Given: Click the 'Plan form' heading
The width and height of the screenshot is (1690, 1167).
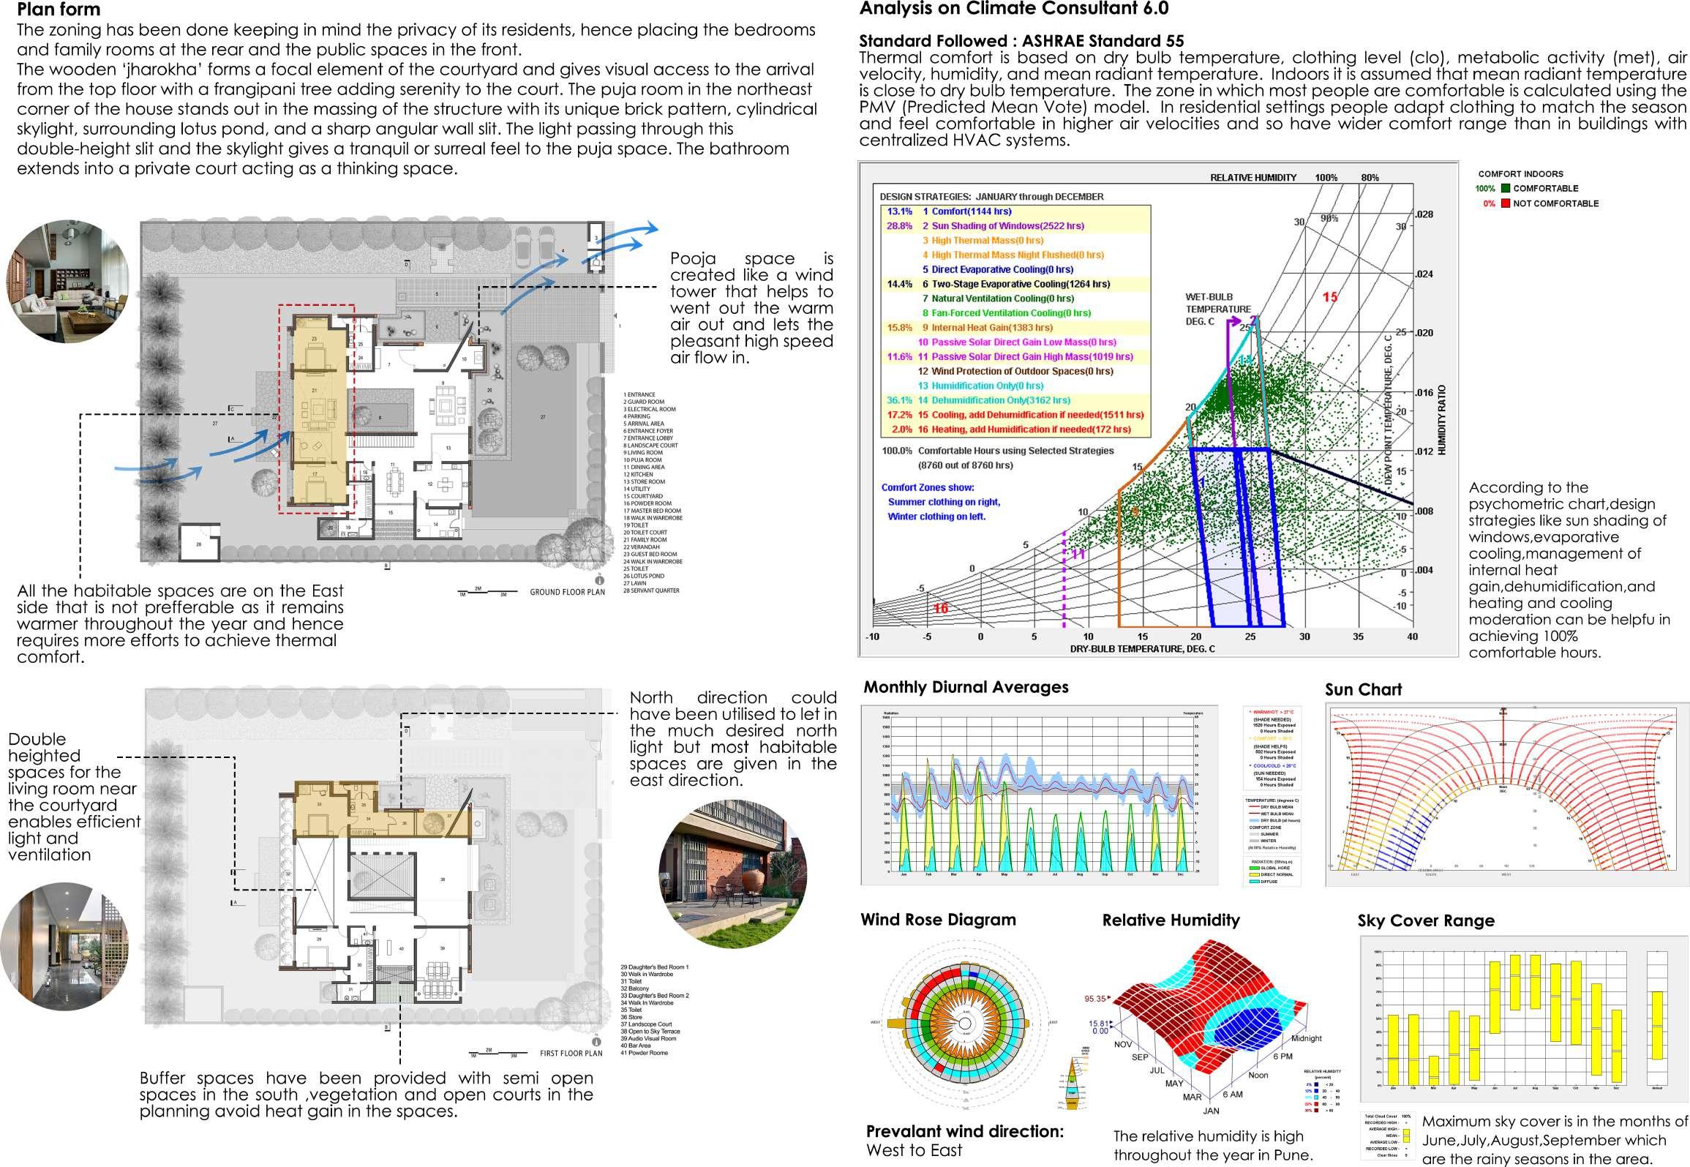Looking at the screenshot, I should pyautogui.click(x=59, y=10).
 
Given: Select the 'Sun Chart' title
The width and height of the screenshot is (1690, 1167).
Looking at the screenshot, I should pyautogui.click(x=1363, y=689).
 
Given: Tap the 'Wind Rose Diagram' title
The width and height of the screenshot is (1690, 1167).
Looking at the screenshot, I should pyautogui.click(x=938, y=920).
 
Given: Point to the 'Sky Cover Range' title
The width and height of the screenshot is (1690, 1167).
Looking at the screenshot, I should pyautogui.click(x=1425, y=920).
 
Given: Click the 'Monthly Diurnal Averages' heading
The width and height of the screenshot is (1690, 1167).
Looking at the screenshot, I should pyautogui.click(x=966, y=687).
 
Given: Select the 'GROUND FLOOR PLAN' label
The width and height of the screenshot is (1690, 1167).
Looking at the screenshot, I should pyautogui.click(x=567, y=592).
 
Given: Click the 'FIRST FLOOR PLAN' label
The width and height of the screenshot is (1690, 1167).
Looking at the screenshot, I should pyautogui.click(x=571, y=1054).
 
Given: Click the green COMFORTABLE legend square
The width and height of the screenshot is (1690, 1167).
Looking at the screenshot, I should pyautogui.click(x=1506, y=189).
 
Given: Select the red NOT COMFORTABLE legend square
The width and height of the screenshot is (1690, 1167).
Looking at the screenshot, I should pyautogui.click(x=1506, y=203).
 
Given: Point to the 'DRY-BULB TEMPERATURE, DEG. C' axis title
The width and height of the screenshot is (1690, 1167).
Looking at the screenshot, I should pyautogui.click(x=1142, y=649).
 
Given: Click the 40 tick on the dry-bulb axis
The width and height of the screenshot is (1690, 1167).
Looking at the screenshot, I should pyautogui.click(x=1412, y=637).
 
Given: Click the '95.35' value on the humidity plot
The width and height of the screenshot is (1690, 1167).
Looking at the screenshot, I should pyautogui.click(x=1095, y=999).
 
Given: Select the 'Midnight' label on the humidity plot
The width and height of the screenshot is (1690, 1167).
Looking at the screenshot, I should pyautogui.click(x=1306, y=1038).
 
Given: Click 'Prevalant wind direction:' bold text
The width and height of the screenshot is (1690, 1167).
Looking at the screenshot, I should pyautogui.click(x=964, y=1131).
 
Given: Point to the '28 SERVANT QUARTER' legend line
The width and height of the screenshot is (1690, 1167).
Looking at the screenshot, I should pyautogui.click(x=650, y=590).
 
